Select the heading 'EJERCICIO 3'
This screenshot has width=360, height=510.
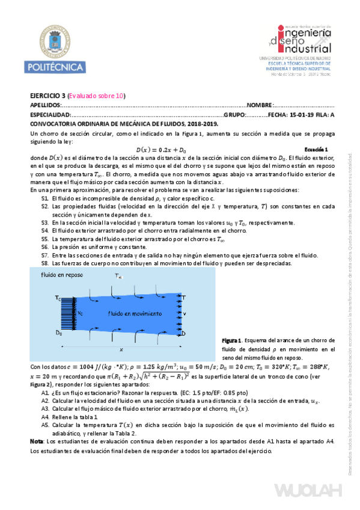(x=48, y=96)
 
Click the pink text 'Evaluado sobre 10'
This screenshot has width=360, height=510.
(x=97, y=96)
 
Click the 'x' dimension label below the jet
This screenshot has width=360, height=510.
(x=121, y=349)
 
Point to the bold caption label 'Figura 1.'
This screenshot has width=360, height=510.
(x=231, y=341)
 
